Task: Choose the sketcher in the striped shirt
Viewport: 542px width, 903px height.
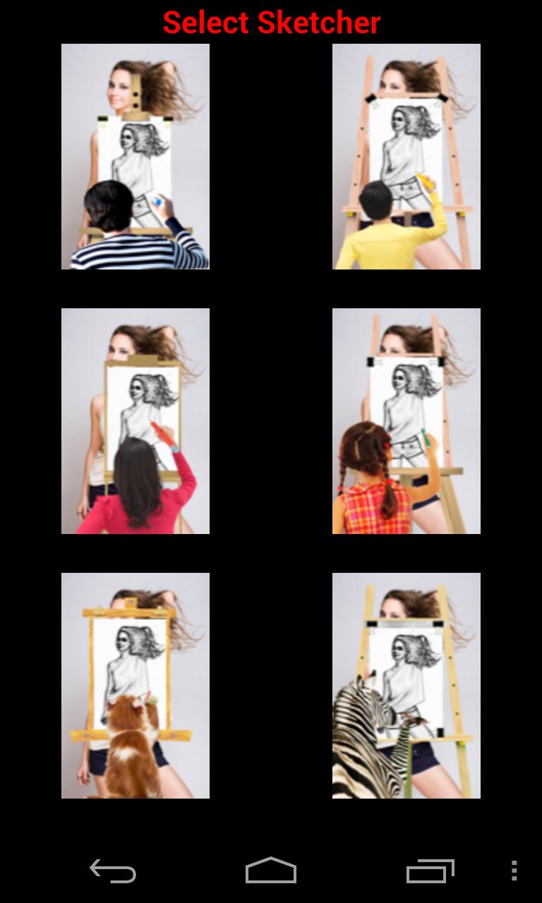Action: pyautogui.click(x=135, y=157)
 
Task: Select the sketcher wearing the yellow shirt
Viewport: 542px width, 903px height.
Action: pyautogui.click(x=406, y=157)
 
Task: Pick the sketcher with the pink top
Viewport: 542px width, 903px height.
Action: pyautogui.click(x=135, y=421)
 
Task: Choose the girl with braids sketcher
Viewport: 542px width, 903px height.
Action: pyautogui.click(x=406, y=421)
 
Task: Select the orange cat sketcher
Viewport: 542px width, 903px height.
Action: pyautogui.click(x=135, y=686)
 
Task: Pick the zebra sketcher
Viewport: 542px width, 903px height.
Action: pyautogui.click(x=406, y=686)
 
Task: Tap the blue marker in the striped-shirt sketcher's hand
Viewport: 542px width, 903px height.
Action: pyautogui.click(x=157, y=202)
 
